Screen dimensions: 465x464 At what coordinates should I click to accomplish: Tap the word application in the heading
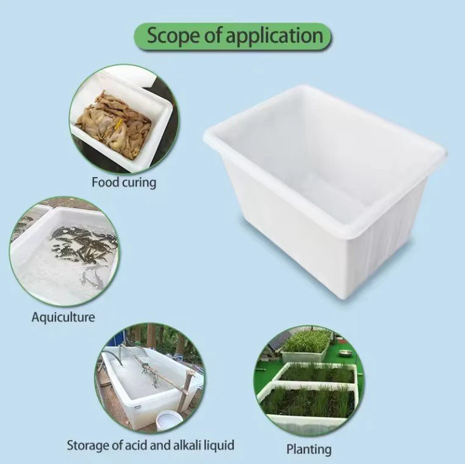click(x=275, y=37)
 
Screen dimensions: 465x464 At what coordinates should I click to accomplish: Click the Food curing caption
click(x=124, y=182)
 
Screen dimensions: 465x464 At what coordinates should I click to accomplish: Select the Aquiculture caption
click(x=63, y=317)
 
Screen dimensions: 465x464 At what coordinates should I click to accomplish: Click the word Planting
click(x=309, y=449)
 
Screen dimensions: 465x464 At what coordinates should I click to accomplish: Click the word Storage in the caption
click(x=87, y=446)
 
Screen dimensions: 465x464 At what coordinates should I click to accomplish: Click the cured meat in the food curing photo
click(x=115, y=124)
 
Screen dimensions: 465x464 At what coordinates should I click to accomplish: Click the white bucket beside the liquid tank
click(x=169, y=421)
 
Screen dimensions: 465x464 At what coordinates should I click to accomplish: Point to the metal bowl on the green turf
click(x=345, y=353)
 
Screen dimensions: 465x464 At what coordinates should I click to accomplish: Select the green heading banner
click(x=232, y=37)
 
